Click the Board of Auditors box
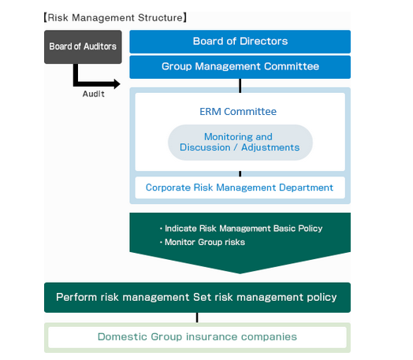pyautogui.click(x=83, y=46)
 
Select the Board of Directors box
pyautogui.click(x=240, y=42)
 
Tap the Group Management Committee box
pyautogui.click(x=240, y=67)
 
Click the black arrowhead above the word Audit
pyautogui.click(x=117, y=84)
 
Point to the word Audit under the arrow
pyautogui.click(x=94, y=94)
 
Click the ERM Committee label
pyautogui.click(x=238, y=112)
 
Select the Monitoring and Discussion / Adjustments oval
pyautogui.click(x=240, y=143)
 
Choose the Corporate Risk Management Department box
pyautogui.click(x=240, y=187)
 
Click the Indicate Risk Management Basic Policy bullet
pyautogui.click(x=241, y=228)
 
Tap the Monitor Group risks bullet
pyautogui.click(x=203, y=242)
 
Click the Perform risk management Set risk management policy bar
pyautogui.click(x=197, y=297)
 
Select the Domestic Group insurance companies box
pyautogui.click(x=197, y=337)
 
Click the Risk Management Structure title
pyautogui.click(x=115, y=17)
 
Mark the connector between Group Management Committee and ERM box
pyautogui.click(x=240, y=86)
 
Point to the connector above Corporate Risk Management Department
pyautogui.click(x=240, y=173)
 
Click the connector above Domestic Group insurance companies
pyautogui.click(x=197, y=317)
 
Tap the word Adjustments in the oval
pyautogui.click(x=270, y=147)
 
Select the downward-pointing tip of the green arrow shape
pyautogui.click(x=240, y=273)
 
